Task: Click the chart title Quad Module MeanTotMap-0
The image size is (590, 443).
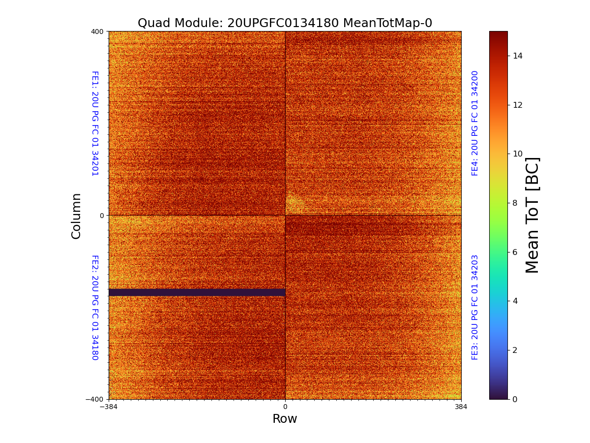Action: click(x=285, y=23)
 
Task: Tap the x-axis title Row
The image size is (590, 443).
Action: click(x=285, y=419)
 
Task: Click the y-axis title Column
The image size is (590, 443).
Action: click(x=76, y=216)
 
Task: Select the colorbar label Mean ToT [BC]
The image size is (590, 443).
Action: click(x=532, y=215)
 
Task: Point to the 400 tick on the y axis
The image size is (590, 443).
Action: click(x=97, y=32)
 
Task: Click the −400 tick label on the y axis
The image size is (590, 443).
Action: click(x=94, y=399)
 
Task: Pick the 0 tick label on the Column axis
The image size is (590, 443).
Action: click(x=101, y=216)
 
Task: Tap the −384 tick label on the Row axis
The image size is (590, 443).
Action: click(x=109, y=407)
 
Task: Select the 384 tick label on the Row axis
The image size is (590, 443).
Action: click(x=461, y=407)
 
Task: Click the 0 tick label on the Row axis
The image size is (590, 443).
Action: click(x=285, y=407)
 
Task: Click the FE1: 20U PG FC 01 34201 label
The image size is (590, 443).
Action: click(x=95, y=124)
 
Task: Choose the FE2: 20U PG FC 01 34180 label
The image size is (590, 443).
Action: click(x=95, y=307)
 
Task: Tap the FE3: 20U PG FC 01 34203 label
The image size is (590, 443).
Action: click(x=475, y=307)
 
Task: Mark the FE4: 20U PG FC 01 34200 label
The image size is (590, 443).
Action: click(x=475, y=124)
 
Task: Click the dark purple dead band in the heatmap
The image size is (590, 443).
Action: click(x=197, y=292)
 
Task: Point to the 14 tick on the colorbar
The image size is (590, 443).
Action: click(x=517, y=56)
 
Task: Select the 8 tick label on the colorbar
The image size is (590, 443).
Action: click(x=515, y=203)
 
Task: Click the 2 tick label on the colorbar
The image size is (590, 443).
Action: click(x=515, y=350)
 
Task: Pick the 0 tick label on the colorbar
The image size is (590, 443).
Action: click(x=515, y=399)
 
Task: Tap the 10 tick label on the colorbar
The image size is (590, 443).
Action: click(x=517, y=154)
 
